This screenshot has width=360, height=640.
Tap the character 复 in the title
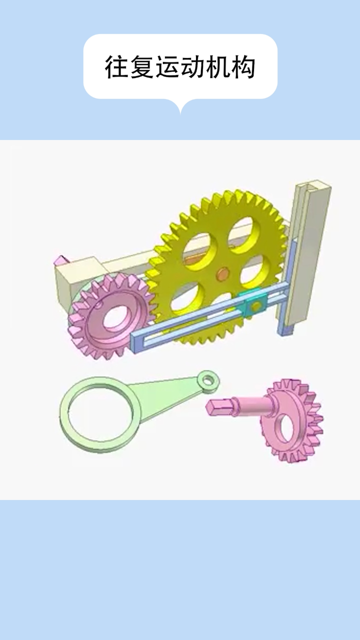(142, 67)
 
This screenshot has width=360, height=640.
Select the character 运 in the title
(167, 67)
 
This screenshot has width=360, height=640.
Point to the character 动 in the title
(192, 67)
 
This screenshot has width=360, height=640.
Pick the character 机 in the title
(217, 67)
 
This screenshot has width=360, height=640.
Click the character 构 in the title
(243, 67)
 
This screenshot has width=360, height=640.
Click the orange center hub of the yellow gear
(222, 274)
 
